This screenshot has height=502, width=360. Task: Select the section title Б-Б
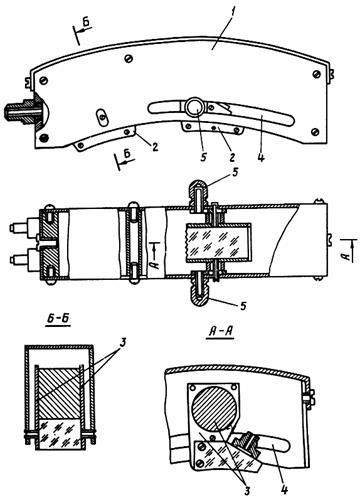click(58, 318)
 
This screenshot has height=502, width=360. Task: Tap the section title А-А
click(220, 332)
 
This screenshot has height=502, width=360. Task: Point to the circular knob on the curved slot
click(194, 107)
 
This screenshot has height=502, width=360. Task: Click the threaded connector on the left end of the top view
click(23, 111)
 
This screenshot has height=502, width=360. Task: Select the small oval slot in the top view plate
click(102, 117)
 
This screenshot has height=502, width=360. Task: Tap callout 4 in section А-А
click(284, 489)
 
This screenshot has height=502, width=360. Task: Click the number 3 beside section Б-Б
click(123, 342)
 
